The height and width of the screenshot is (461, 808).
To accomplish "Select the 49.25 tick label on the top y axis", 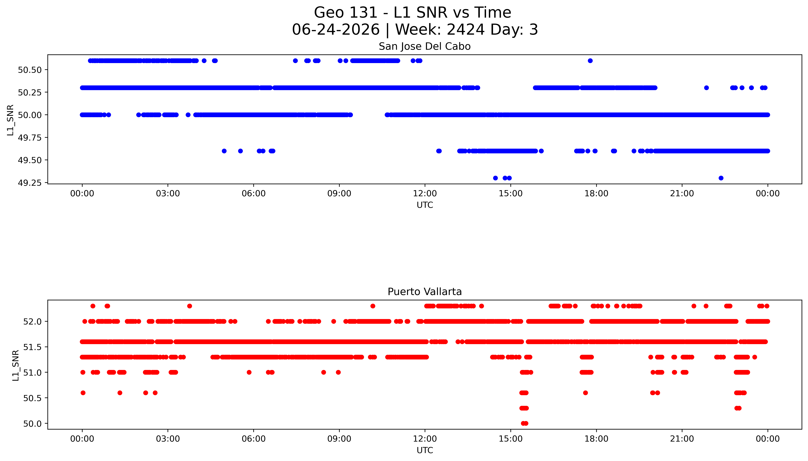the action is click(30, 183).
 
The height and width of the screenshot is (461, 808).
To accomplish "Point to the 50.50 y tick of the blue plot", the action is click(30, 70).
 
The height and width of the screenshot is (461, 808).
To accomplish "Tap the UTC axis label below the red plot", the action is click(425, 450).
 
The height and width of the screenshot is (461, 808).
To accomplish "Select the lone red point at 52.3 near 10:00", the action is click(373, 306).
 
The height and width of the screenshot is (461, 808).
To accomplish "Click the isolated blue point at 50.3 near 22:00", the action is click(706, 88).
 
